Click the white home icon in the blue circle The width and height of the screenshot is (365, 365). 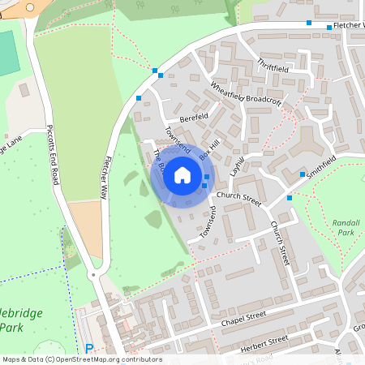coord(182,174)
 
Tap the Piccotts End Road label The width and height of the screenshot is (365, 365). coord(53,155)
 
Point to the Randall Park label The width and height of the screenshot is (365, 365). coord(346,226)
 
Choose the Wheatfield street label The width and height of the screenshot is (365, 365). coord(226,90)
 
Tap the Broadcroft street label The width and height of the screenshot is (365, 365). coord(264,101)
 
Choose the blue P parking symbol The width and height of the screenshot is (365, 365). coord(89,349)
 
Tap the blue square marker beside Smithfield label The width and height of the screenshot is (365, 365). coord(303,174)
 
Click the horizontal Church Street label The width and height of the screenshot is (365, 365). coord(238,197)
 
